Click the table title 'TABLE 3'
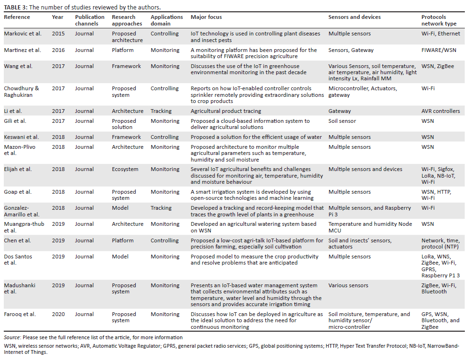[x=16, y=7]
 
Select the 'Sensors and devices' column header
[x=354, y=17]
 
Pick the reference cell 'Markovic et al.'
[x=22, y=34]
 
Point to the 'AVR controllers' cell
[x=440, y=111]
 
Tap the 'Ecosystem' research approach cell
[x=125, y=169]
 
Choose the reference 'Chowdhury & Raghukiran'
[x=21, y=92]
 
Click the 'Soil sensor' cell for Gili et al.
[x=342, y=121]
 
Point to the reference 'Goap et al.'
[x=18, y=192]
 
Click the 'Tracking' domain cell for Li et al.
[x=161, y=111]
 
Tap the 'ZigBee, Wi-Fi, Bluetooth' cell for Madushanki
[x=438, y=288]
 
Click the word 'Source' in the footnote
[x=12, y=337]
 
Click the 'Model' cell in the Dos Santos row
[x=120, y=257]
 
